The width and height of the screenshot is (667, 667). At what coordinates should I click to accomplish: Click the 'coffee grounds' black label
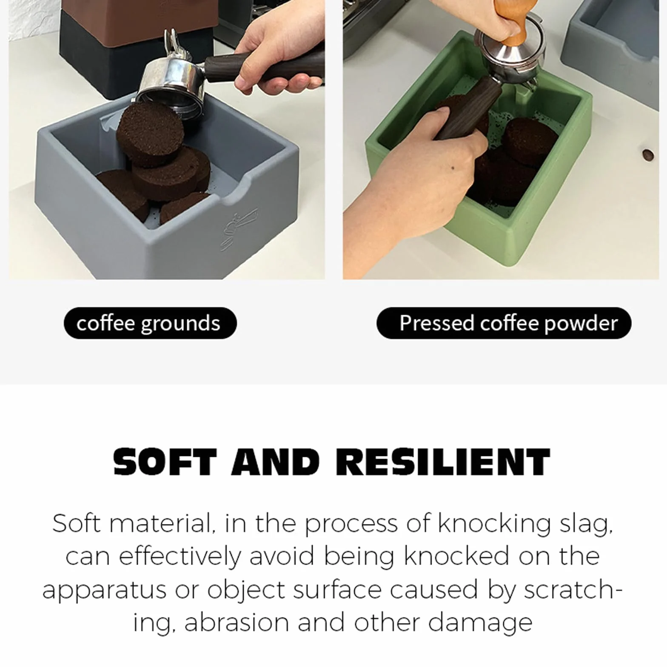pyautogui.click(x=150, y=323)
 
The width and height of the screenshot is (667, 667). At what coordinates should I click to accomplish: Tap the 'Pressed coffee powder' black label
pyautogui.click(x=504, y=323)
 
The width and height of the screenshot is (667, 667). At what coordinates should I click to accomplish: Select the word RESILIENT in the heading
pyautogui.click(x=443, y=462)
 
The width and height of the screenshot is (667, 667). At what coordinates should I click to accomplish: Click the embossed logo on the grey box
pyautogui.click(x=239, y=228)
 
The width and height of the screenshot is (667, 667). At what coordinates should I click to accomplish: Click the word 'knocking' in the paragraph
pyautogui.click(x=494, y=524)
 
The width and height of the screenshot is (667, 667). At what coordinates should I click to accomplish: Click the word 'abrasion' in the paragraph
pyautogui.click(x=237, y=623)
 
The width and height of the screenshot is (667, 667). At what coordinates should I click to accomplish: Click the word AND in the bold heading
pyautogui.click(x=276, y=462)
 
